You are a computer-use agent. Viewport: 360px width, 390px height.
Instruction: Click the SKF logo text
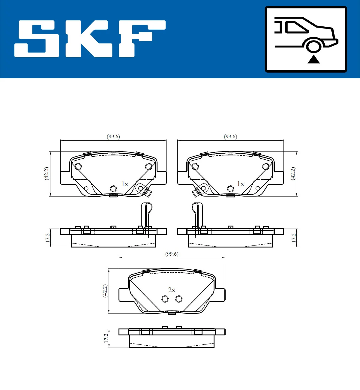point(90,39)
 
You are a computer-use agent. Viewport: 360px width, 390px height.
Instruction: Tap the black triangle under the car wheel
point(313,59)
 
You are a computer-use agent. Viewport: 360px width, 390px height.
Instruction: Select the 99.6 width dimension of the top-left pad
point(113,136)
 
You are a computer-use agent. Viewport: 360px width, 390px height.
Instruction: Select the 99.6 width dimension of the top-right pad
point(230,136)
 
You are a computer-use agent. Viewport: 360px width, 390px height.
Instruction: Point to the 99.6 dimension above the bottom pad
point(172,254)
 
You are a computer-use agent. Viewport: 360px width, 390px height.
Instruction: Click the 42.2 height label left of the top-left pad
point(46,173)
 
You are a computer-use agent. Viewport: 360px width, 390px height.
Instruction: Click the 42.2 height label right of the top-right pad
point(293,173)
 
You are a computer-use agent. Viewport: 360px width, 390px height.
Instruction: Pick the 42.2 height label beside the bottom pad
point(105,291)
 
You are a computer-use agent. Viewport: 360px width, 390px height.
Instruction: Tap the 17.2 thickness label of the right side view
point(294,238)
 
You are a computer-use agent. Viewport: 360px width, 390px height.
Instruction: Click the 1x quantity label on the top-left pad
point(124,184)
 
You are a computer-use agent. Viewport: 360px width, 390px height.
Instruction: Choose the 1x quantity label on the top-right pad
point(240,184)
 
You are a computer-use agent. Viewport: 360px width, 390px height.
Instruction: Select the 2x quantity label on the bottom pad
point(172,290)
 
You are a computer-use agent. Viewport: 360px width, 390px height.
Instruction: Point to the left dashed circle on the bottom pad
point(165,299)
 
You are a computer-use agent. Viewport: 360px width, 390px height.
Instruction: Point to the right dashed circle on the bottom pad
point(179,299)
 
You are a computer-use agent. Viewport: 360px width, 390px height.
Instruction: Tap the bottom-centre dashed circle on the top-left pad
point(113,188)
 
